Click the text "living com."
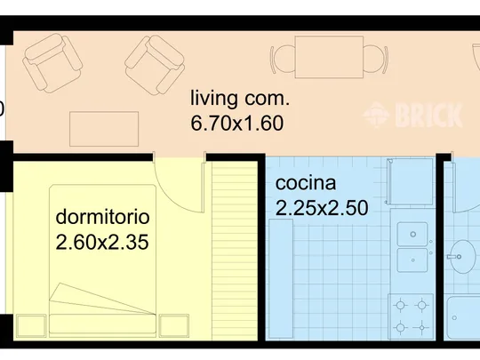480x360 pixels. click(240, 99)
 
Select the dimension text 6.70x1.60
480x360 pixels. click(237, 123)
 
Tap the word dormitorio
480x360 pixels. click(102, 217)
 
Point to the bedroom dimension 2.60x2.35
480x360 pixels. click(102, 242)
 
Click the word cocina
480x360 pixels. click(306, 183)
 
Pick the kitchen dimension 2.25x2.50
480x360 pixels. click(322, 208)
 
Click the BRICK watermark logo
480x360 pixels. click(412, 115)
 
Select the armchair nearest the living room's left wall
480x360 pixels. click(52, 63)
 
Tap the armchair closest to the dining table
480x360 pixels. click(155, 65)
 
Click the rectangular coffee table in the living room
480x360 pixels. click(104, 129)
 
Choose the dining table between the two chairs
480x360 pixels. click(329, 57)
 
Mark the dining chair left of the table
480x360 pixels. click(283, 59)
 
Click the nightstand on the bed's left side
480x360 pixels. click(31, 325)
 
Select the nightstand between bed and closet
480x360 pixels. click(173, 325)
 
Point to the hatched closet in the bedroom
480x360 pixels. click(235, 251)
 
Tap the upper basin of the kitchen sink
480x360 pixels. click(412, 234)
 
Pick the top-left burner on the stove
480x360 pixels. click(400, 305)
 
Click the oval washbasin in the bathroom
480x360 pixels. click(464, 257)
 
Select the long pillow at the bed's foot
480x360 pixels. click(102, 324)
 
